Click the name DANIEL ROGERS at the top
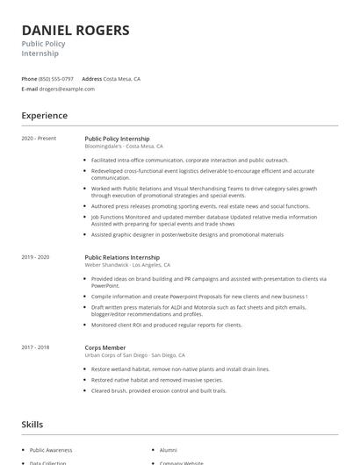click(x=76, y=31)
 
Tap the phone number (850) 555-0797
click(x=56, y=78)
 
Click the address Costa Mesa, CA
click(x=122, y=78)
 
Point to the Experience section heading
click(x=45, y=116)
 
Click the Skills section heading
click(x=32, y=425)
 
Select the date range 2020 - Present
click(x=40, y=139)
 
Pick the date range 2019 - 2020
click(x=36, y=257)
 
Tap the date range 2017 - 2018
click(x=36, y=347)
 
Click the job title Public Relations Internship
click(x=122, y=257)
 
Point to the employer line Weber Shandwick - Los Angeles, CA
click(x=127, y=265)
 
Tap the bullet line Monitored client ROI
click(x=166, y=325)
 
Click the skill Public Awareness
click(x=49, y=448)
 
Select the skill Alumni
click(x=168, y=448)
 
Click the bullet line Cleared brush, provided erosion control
click(x=158, y=390)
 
